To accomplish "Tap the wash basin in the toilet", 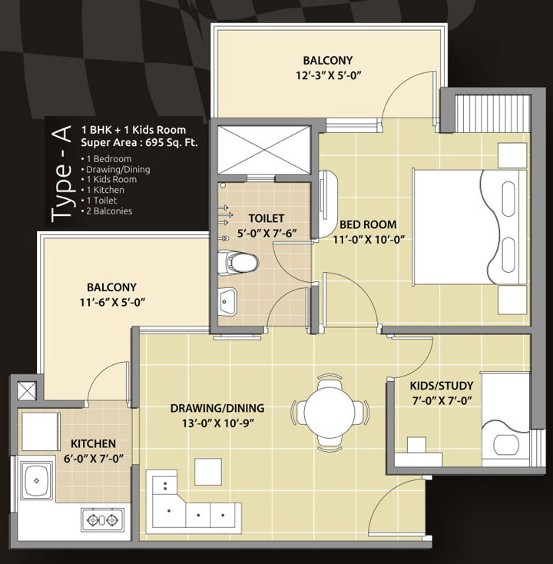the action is [x=227, y=301].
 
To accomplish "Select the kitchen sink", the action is [x=36, y=480].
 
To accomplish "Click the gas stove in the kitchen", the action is [x=103, y=519].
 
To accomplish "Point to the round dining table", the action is [x=329, y=412].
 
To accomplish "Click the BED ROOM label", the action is [x=368, y=224].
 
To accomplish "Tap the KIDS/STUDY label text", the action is [x=441, y=386].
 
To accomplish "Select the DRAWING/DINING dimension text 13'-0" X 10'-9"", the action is [x=218, y=423].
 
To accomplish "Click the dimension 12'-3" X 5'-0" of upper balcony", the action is [x=328, y=75].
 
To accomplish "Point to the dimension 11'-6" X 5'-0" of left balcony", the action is [x=112, y=303].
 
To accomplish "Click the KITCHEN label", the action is [x=93, y=443].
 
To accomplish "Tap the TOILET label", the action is [x=267, y=218].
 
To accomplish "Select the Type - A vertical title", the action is [x=61, y=174].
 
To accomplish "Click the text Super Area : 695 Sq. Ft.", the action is [x=139, y=142].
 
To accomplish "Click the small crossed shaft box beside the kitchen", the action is [x=27, y=390].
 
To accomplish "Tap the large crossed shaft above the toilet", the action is [x=264, y=150].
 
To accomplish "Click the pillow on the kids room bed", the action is [x=506, y=445].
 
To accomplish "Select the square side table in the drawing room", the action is [x=208, y=472].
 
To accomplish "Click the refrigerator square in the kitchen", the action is [x=41, y=432].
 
